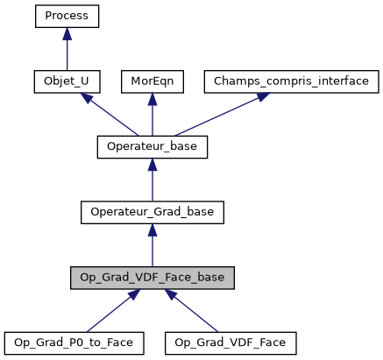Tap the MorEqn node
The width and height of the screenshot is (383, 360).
coord(152,81)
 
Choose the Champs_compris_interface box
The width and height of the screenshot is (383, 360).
coord(292,81)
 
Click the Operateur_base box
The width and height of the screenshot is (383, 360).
coord(152,146)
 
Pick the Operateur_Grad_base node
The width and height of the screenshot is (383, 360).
coord(152,211)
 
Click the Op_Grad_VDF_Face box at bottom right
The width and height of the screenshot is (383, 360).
coord(231,342)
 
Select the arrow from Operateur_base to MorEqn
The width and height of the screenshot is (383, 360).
coord(152,114)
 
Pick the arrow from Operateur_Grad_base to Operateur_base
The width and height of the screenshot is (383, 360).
coord(152,179)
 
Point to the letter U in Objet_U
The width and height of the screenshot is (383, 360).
coord(89,81)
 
